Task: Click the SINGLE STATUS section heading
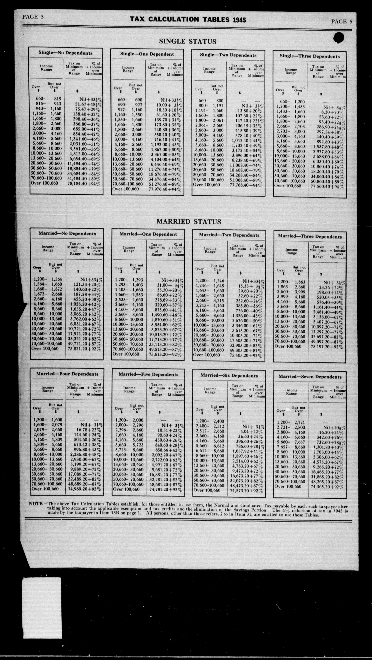(188, 41)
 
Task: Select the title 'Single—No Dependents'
(65, 53)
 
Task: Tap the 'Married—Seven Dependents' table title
(310, 377)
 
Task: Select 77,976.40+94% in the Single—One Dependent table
(165, 189)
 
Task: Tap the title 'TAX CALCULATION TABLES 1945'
(188, 20)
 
